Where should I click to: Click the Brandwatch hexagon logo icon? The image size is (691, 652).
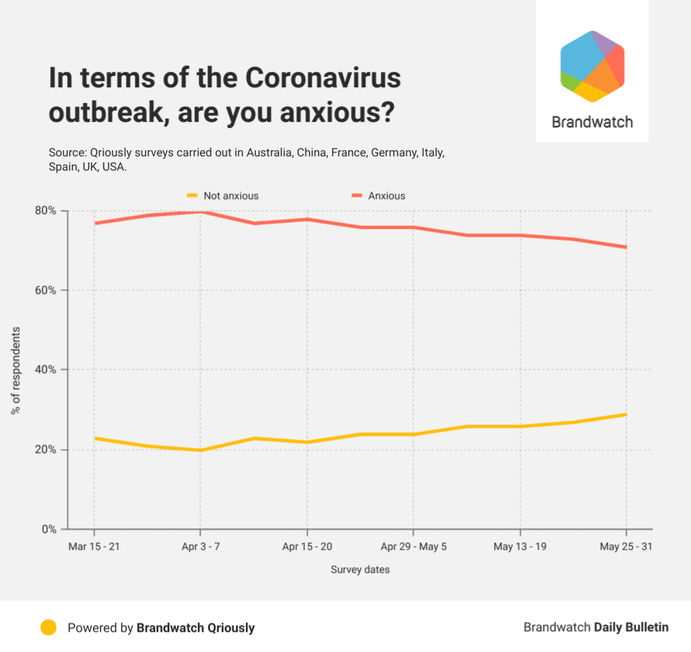click(x=592, y=66)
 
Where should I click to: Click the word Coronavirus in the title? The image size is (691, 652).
click(x=323, y=79)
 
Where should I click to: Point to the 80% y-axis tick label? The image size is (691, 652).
click(x=47, y=211)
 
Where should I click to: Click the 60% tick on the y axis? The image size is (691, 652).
click(x=47, y=290)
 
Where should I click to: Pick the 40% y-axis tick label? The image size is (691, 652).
click(x=47, y=370)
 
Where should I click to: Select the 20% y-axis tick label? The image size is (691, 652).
click(x=47, y=450)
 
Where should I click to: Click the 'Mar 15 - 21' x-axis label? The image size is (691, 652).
click(x=94, y=546)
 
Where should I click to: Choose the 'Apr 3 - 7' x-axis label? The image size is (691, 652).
click(x=201, y=546)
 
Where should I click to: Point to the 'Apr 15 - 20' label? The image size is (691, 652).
click(x=307, y=546)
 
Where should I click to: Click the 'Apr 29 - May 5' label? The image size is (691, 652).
click(x=413, y=546)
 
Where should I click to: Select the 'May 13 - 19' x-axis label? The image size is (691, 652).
click(x=520, y=546)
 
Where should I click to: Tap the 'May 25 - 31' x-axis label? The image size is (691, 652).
click(x=626, y=546)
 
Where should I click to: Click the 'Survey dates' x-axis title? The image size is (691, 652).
click(x=360, y=569)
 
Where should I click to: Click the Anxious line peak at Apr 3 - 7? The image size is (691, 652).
click(x=201, y=212)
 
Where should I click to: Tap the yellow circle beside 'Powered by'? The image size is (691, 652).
click(x=48, y=627)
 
